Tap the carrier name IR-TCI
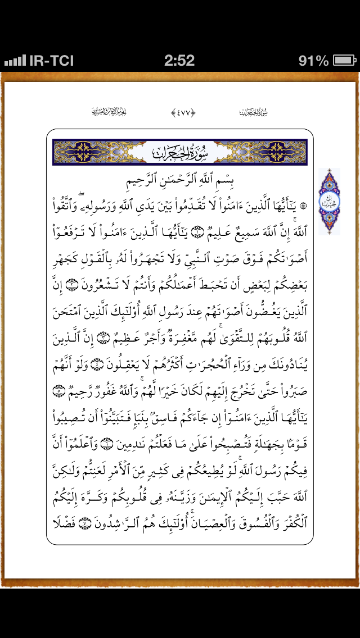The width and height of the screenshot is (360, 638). [x=51, y=61]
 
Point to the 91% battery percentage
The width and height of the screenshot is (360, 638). [x=313, y=61]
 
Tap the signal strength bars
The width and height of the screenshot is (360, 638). [x=15, y=61]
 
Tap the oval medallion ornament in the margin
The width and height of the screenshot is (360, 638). [x=329, y=201]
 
